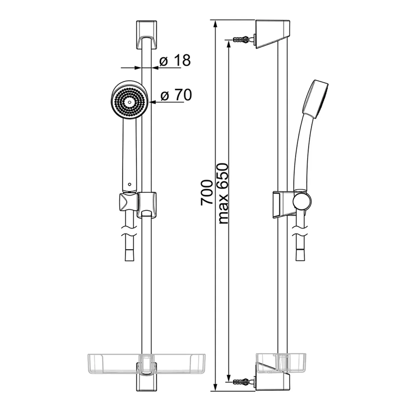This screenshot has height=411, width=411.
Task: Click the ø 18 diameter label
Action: (175, 61)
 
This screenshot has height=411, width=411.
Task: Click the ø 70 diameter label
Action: (176, 96)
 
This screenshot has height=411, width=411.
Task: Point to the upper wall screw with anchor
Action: (244, 39)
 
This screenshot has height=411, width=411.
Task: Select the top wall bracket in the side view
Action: (273, 34)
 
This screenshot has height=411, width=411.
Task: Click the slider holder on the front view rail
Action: (147, 204)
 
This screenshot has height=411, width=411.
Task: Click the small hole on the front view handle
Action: (129, 185)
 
